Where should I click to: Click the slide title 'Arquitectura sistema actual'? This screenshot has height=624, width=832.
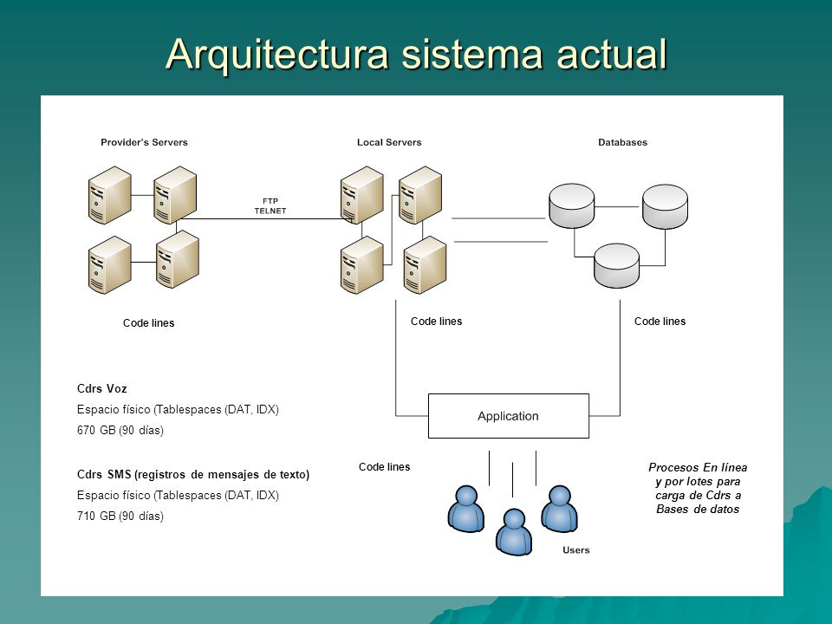click(x=416, y=54)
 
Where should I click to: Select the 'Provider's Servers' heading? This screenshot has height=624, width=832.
click(x=145, y=142)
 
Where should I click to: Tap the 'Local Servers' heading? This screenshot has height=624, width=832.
click(x=389, y=142)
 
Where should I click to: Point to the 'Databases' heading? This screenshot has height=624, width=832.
click(x=622, y=142)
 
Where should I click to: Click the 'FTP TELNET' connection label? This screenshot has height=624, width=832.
click(x=270, y=206)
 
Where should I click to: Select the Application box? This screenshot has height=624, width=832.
click(x=509, y=416)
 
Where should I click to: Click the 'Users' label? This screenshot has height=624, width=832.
click(x=575, y=550)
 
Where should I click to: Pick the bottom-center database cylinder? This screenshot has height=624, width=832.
click(x=616, y=265)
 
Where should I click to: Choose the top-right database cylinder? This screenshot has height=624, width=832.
click(x=665, y=206)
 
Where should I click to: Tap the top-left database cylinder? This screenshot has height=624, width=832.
click(x=571, y=206)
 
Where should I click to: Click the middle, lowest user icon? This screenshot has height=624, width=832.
click(x=514, y=531)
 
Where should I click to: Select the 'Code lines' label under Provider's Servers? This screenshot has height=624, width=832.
click(x=148, y=323)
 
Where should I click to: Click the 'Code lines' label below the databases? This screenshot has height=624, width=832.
click(x=660, y=322)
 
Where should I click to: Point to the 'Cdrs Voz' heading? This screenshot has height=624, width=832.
click(x=102, y=389)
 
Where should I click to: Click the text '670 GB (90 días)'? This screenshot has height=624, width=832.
click(x=120, y=431)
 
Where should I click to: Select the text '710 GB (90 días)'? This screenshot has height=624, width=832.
click(x=120, y=516)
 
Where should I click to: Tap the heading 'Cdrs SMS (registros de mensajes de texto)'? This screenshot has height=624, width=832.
click(x=193, y=474)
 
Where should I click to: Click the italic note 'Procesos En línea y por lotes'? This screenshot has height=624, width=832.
click(x=698, y=474)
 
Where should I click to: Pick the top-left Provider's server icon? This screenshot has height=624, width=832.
click(x=109, y=195)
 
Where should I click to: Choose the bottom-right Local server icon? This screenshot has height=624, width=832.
click(x=425, y=265)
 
